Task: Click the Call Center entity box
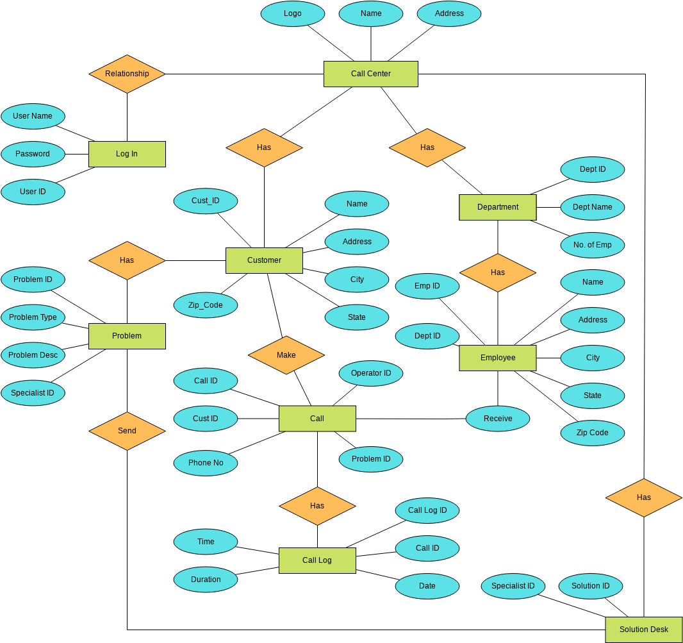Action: pos(370,74)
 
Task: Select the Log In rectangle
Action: pos(127,154)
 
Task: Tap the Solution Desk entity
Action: pos(643,630)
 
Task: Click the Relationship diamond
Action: pos(127,74)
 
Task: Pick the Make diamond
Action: pos(286,355)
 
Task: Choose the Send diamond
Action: pos(127,431)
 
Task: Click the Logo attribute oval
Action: pos(293,13)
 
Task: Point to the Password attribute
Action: pos(33,154)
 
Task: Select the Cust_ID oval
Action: pos(206,201)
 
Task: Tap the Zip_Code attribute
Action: pos(206,305)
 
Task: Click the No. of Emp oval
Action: pos(592,245)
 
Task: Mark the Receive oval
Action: pos(498,419)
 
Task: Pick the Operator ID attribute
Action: pos(371,373)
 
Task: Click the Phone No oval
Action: pos(206,463)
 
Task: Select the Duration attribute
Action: pos(206,580)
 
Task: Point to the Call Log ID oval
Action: pos(427,510)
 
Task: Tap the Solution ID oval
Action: pos(591,586)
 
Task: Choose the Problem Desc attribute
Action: pos(33,355)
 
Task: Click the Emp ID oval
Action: pos(427,286)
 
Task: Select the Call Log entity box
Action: pos(317,560)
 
